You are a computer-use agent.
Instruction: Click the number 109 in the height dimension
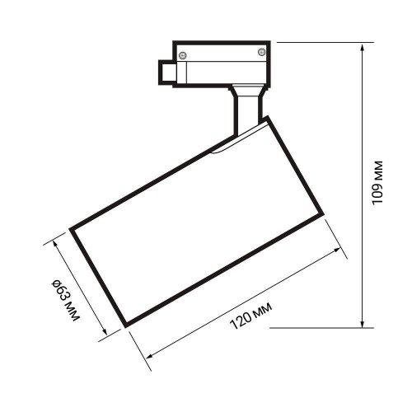click(377, 192)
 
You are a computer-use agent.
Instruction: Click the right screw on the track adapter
click(261, 53)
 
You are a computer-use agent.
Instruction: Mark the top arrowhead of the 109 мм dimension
click(363, 48)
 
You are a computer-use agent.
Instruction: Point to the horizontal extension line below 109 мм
click(317, 326)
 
